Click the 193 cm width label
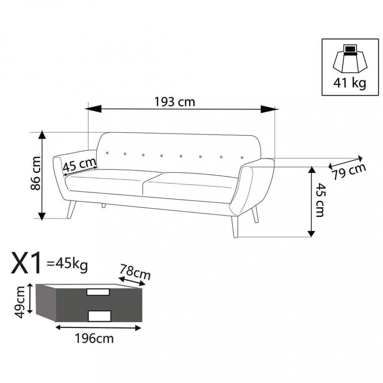tap(175, 101)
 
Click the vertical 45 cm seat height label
tap(320, 201)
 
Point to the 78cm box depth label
tap(135, 272)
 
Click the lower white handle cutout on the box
tap(100, 315)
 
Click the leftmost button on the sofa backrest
tap(107, 153)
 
